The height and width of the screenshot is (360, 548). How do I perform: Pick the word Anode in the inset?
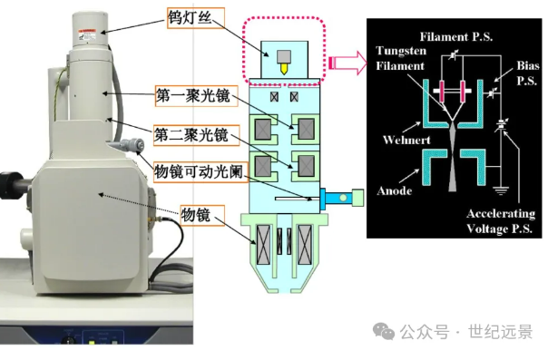tap(395, 190)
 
